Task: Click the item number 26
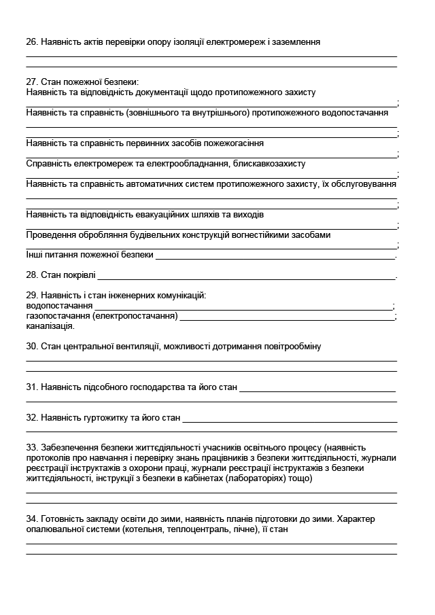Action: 31,41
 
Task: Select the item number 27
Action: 31,82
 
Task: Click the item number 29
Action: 31,295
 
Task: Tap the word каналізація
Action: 50,326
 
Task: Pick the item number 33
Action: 31,447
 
